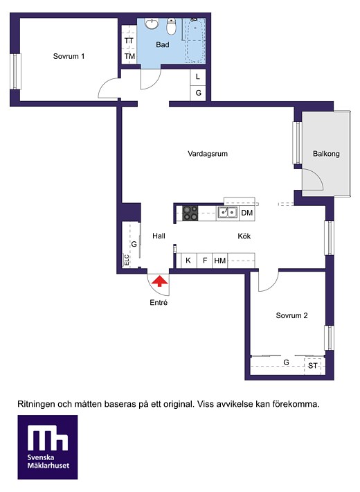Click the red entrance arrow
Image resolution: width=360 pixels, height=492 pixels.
pos(160,281)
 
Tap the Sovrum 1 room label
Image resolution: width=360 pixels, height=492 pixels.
pos(69,57)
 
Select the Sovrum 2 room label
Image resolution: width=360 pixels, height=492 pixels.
pos(291,316)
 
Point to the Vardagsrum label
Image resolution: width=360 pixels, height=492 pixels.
pos(208,154)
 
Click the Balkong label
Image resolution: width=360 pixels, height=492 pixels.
pos(326,154)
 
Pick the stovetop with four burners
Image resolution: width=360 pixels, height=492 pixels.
pos(190,213)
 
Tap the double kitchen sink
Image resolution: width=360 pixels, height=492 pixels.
pos(228,213)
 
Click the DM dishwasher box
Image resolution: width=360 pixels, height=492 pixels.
pos(246,213)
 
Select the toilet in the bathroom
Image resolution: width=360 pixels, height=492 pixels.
pos(171,26)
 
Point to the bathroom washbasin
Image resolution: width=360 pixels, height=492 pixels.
pos(152,24)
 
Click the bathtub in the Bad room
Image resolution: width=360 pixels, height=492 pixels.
pos(195,40)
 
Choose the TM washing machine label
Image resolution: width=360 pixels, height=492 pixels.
pos(129,57)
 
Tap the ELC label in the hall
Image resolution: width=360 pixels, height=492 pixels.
pos(127,260)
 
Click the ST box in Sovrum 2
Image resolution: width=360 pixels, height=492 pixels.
pos(313,366)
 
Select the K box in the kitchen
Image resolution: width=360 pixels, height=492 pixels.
pos(188,261)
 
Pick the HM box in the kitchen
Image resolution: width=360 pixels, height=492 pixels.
pos(220,261)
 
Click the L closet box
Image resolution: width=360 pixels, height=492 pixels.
pos(198,77)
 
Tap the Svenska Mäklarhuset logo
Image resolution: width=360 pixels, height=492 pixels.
pos(48,447)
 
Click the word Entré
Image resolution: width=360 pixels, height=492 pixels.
pos(159,303)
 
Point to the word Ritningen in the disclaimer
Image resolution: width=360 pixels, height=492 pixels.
pos(35,405)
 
